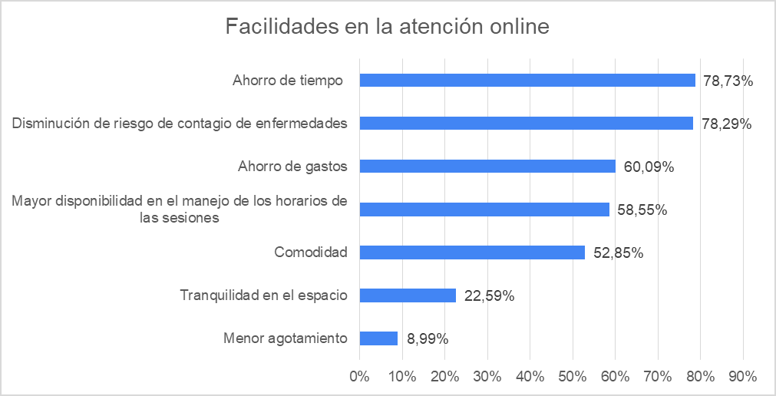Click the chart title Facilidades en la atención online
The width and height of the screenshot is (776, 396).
(388, 27)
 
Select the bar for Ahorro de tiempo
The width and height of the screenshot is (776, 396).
(527, 80)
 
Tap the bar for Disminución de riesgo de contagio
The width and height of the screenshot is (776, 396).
(526, 123)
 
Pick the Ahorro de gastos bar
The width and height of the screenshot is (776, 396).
(487, 166)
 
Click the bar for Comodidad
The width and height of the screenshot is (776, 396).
(472, 252)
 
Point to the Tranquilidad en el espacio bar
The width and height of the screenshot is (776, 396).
(408, 295)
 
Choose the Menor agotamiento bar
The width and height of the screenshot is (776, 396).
(378, 338)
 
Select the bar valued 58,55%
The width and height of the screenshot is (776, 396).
(484, 209)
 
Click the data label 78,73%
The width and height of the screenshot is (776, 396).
(728, 81)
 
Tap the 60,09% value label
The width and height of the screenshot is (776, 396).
(649, 167)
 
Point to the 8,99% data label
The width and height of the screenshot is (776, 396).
(427, 338)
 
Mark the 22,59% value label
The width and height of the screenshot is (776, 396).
(489, 295)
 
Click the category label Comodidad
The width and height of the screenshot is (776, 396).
(311, 252)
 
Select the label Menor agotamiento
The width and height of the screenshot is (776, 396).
(286, 338)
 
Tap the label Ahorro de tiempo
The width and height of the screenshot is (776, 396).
(288, 80)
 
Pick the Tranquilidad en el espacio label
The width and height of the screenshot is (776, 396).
(263, 295)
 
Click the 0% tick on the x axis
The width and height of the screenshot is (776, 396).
(359, 376)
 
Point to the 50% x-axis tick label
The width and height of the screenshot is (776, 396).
(573, 376)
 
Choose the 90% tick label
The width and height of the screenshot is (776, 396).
(743, 376)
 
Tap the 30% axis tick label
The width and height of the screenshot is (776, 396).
(487, 376)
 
